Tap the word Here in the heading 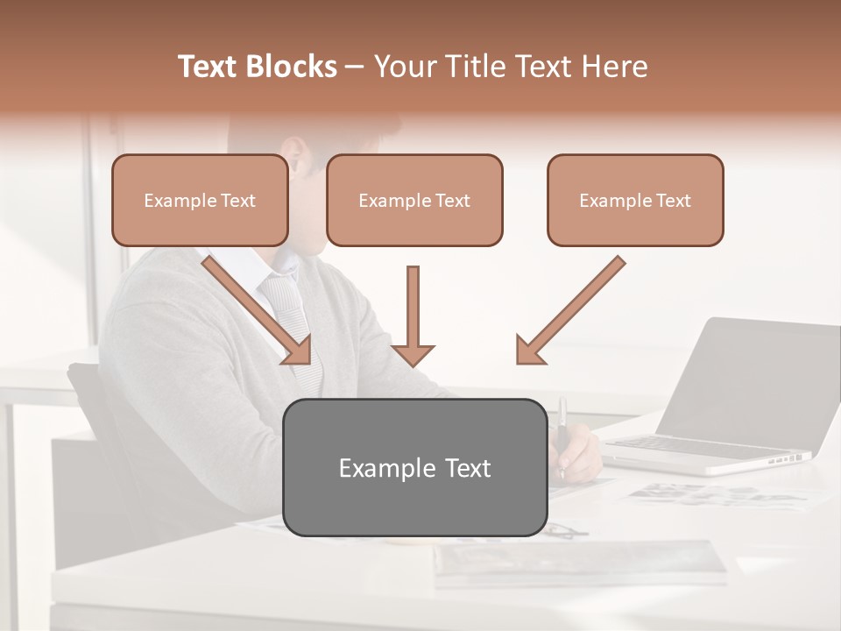pos(616,67)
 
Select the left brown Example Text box pos(200,200)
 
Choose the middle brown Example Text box pos(414,200)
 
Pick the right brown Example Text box pos(635,200)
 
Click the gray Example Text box pos(414,467)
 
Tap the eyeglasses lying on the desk pos(565,529)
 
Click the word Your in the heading pos(402,67)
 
